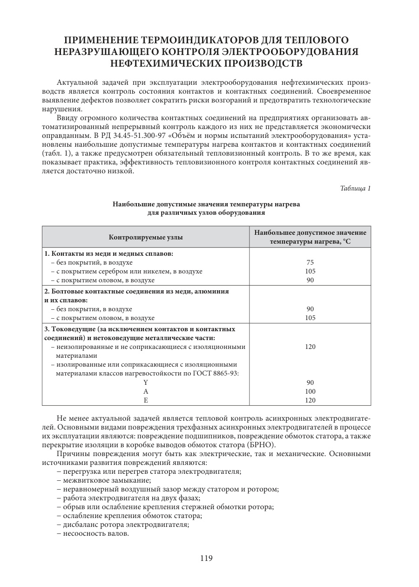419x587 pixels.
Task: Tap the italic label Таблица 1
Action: (355, 188)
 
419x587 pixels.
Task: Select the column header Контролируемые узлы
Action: (146, 237)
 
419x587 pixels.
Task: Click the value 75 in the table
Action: (311, 262)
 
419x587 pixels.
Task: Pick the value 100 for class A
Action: (311, 391)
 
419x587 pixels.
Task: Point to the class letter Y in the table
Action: (146, 382)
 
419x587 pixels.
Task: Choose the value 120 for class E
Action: (311, 400)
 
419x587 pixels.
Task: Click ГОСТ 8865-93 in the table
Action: (218, 374)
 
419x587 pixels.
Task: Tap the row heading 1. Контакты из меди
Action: (108, 253)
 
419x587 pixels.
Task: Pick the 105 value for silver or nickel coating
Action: (311, 271)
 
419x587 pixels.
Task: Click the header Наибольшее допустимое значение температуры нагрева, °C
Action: (311, 237)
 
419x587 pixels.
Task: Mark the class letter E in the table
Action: (146, 400)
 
